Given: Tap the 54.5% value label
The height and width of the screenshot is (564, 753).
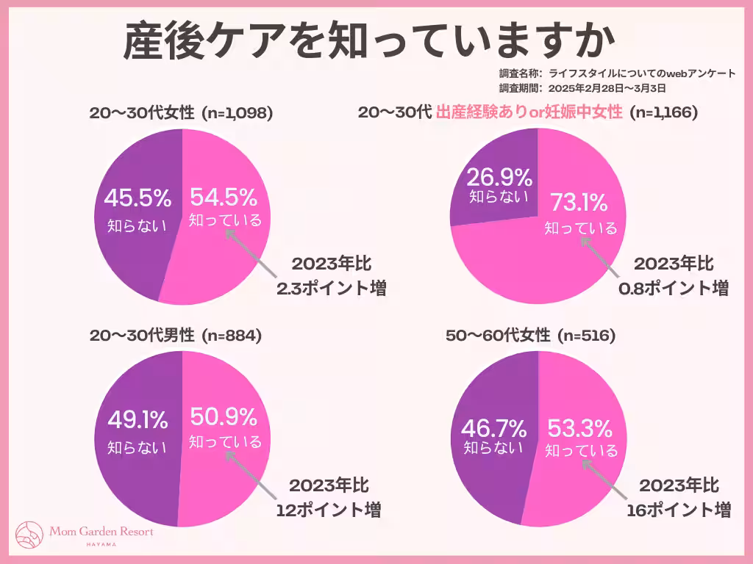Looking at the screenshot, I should coord(224,197).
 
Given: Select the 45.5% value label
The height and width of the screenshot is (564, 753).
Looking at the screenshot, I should coord(137,198).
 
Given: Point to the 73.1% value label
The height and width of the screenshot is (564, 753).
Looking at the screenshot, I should coord(579,202).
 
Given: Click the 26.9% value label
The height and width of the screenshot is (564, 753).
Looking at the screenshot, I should coord(499,177).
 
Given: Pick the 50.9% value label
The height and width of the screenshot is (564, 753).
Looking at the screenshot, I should coord(224,417).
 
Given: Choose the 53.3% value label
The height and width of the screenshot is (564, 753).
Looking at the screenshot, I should coord(579,427).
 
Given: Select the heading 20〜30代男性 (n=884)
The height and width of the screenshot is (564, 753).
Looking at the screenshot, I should coord(175,336).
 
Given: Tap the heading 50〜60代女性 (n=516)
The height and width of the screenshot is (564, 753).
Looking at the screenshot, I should coord(530,336).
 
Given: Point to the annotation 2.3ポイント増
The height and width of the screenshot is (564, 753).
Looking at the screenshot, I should coord(331,288).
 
